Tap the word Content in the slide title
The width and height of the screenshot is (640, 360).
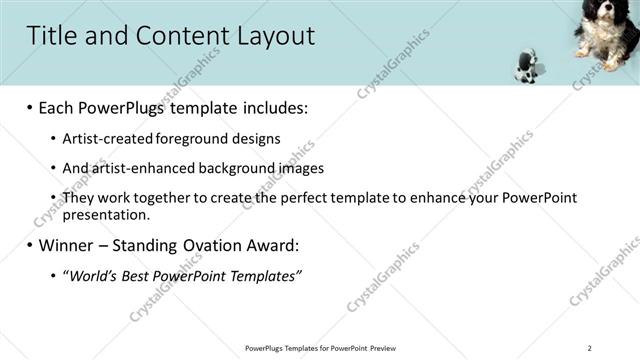coord(171,36)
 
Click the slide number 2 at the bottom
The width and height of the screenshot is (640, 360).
coord(590,348)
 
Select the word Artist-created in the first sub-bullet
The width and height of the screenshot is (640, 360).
coord(105,139)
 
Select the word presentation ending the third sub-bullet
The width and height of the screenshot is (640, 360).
coord(105,214)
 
